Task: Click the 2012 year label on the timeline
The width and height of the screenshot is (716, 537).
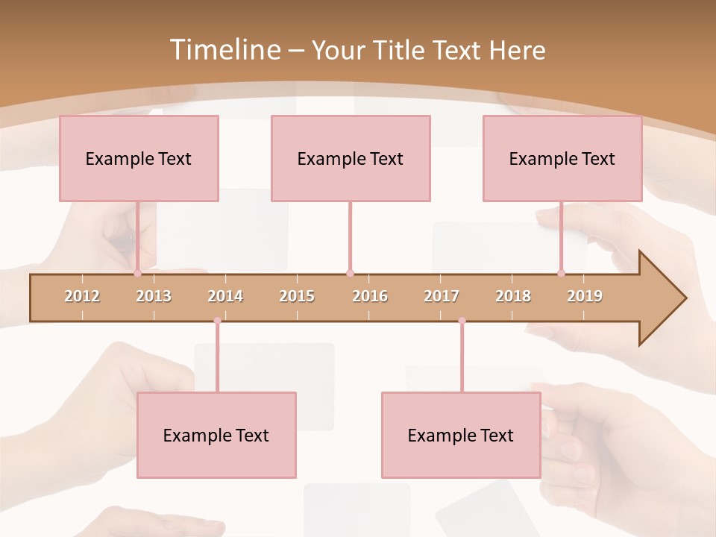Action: pos(82,296)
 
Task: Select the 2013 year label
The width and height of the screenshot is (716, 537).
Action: pos(154,296)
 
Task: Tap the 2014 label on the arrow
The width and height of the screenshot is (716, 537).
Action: pos(225,296)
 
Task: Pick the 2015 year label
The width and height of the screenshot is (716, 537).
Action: pos(297,296)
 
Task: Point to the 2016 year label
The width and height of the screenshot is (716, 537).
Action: pos(370,296)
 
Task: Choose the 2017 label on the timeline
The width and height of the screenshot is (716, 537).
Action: pos(442,296)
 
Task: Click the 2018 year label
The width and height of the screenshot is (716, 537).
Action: pos(513,296)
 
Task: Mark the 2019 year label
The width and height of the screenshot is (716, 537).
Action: pos(585,296)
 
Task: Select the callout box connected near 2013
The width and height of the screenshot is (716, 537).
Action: pos(139,158)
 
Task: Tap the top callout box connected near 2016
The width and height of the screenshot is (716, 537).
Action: pos(351,158)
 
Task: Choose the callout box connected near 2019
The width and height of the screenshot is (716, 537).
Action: pos(562,158)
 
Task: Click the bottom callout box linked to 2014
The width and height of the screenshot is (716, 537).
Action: pos(216,435)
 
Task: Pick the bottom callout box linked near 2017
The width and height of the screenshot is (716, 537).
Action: pos(461,435)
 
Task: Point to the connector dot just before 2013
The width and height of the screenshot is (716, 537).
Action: pos(137,273)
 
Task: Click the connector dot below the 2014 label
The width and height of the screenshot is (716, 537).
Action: pos(217,321)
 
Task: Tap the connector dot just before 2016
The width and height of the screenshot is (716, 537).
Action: pos(350,273)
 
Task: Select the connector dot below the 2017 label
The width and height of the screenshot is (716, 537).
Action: pos(462,321)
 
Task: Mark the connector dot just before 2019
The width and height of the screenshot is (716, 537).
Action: pos(561,273)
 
